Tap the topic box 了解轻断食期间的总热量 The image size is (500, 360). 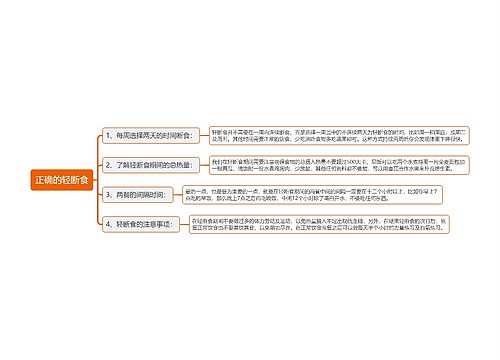tap(151, 163)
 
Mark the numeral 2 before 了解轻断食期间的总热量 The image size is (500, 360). tap(108, 163)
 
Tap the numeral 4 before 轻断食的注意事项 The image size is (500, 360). tap(108, 225)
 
